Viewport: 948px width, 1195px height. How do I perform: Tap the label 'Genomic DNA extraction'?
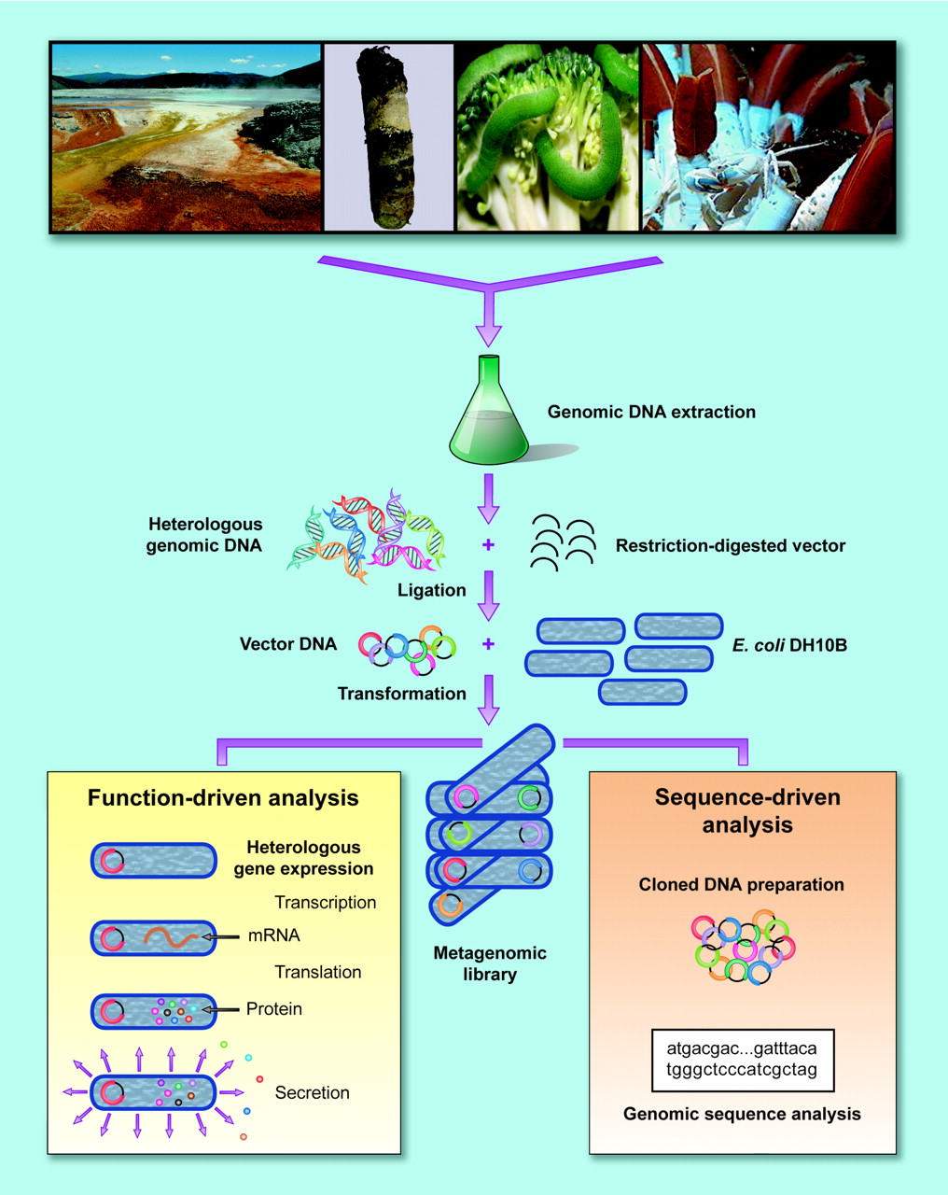tap(651, 412)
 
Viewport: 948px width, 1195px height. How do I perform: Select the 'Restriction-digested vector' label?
tap(730, 546)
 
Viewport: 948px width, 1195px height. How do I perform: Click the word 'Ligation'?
tap(431, 590)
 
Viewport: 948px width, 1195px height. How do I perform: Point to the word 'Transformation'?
tap(401, 694)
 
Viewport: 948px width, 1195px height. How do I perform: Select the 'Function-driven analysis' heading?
tap(223, 798)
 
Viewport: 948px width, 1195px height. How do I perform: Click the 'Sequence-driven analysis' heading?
tap(746, 811)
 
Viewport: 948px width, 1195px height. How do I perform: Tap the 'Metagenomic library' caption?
tap(490, 963)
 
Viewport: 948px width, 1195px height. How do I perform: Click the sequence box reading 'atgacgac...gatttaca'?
tap(742, 1060)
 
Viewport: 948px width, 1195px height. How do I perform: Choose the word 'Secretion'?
tap(312, 1092)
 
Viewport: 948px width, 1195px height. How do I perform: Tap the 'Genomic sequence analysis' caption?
tap(742, 1114)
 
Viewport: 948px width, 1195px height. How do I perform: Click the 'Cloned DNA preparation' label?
tap(741, 884)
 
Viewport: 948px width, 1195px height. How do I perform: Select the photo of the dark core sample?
tap(388, 136)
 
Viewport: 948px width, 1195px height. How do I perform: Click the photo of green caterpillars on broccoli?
tap(547, 136)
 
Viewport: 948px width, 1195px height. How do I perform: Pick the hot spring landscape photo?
tap(186, 136)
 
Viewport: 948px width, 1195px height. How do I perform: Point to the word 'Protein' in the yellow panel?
tap(274, 1009)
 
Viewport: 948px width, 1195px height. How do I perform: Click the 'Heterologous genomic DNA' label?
tap(204, 535)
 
